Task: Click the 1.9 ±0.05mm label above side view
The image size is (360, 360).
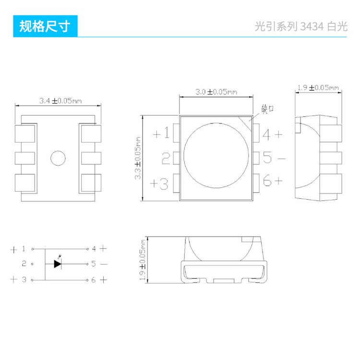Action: click(317, 87)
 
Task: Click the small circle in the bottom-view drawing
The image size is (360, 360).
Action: click(58, 157)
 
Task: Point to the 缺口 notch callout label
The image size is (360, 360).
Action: click(267, 108)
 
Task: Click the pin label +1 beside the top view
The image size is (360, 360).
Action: click(161, 133)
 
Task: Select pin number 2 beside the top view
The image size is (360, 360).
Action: click(166, 158)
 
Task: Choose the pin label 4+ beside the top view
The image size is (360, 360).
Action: click(272, 134)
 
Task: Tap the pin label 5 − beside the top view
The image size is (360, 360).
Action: click(273, 158)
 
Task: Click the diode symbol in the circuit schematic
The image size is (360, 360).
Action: click(58, 264)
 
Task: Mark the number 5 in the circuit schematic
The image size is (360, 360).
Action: click(94, 264)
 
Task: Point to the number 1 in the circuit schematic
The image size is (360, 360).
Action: click(24, 249)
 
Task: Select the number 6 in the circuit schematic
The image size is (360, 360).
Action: click(94, 279)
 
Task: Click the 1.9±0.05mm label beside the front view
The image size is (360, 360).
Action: click(143, 260)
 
